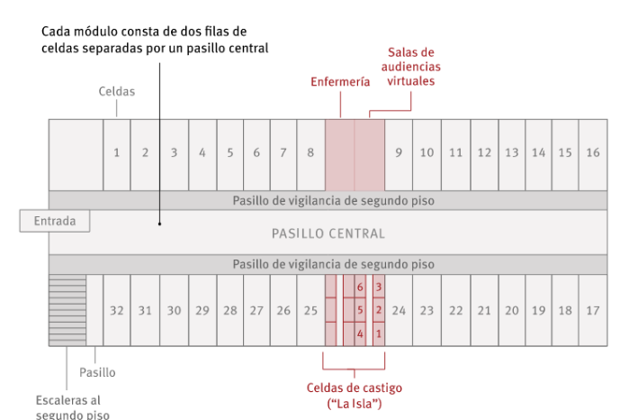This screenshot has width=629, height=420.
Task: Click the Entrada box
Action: coord(55,221)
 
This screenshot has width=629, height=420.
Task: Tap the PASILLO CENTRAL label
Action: coord(328,233)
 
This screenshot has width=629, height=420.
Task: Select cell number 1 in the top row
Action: coord(116,153)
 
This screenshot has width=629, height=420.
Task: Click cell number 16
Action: coord(592,153)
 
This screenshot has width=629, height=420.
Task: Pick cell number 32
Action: coord(116,311)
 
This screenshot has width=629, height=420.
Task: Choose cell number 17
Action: coord(592,311)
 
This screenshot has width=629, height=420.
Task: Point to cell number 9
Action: coord(399,153)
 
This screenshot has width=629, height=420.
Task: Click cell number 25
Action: coord(310,311)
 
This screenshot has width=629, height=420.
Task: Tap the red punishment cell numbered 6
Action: coord(360,288)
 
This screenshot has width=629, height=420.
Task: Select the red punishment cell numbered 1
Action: coord(379,333)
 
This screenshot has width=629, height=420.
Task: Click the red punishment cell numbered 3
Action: coord(379,288)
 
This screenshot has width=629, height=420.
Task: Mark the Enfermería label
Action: coord(340,81)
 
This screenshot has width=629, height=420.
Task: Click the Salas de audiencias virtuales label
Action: coord(410,67)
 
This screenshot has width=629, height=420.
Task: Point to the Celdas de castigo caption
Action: coord(354,395)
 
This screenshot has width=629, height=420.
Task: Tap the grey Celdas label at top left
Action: coord(117,92)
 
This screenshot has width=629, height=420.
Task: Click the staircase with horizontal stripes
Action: coord(67,310)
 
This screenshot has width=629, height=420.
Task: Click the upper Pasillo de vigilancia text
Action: coord(333,201)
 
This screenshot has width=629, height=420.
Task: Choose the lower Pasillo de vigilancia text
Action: coord(333,265)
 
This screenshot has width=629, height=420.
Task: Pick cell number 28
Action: coord(230,311)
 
